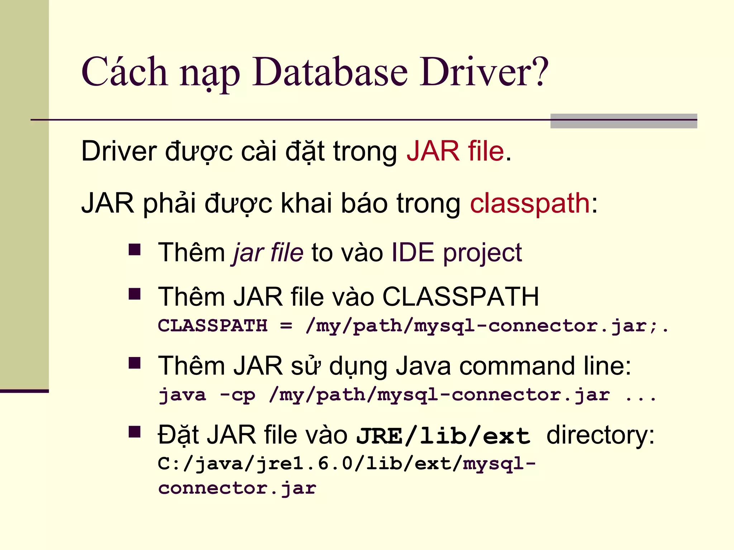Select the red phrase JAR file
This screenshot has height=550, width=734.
click(x=455, y=151)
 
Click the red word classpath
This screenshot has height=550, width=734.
click(x=530, y=203)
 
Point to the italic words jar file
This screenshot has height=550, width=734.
click(x=268, y=253)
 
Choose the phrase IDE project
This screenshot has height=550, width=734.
click(x=456, y=253)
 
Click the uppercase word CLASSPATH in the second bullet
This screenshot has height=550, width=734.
click(x=460, y=297)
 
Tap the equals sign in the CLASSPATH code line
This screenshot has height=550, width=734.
click(x=286, y=326)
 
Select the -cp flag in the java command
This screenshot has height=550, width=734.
click(x=237, y=395)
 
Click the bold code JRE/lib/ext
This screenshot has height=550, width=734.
click(x=443, y=436)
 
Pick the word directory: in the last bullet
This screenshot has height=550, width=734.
click(x=600, y=435)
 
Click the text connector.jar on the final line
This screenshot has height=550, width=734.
click(x=237, y=488)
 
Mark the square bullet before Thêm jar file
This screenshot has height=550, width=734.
click(x=134, y=250)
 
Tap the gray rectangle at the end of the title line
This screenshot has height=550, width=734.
click(x=623, y=121)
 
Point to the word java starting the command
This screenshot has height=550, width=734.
click(x=182, y=395)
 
